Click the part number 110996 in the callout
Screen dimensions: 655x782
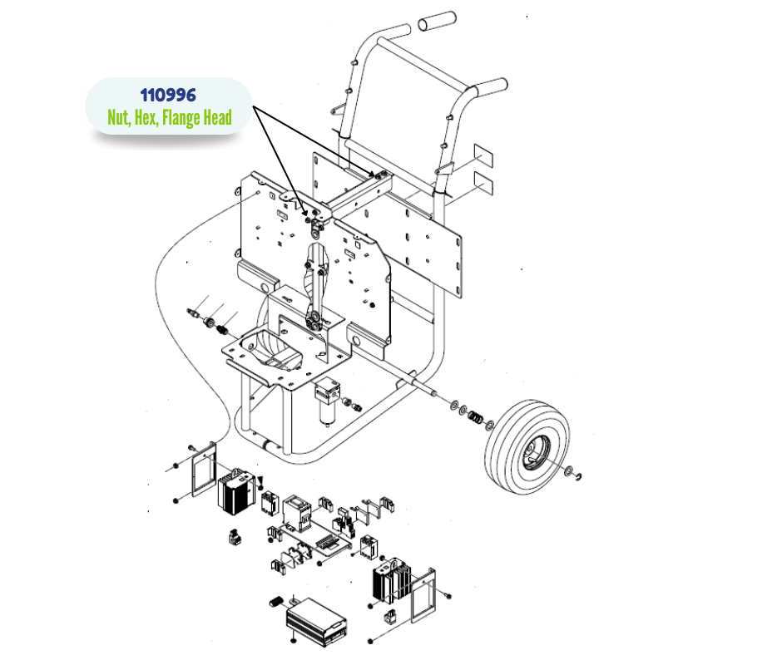(x=168, y=95)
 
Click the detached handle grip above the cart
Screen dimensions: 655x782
(x=437, y=21)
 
